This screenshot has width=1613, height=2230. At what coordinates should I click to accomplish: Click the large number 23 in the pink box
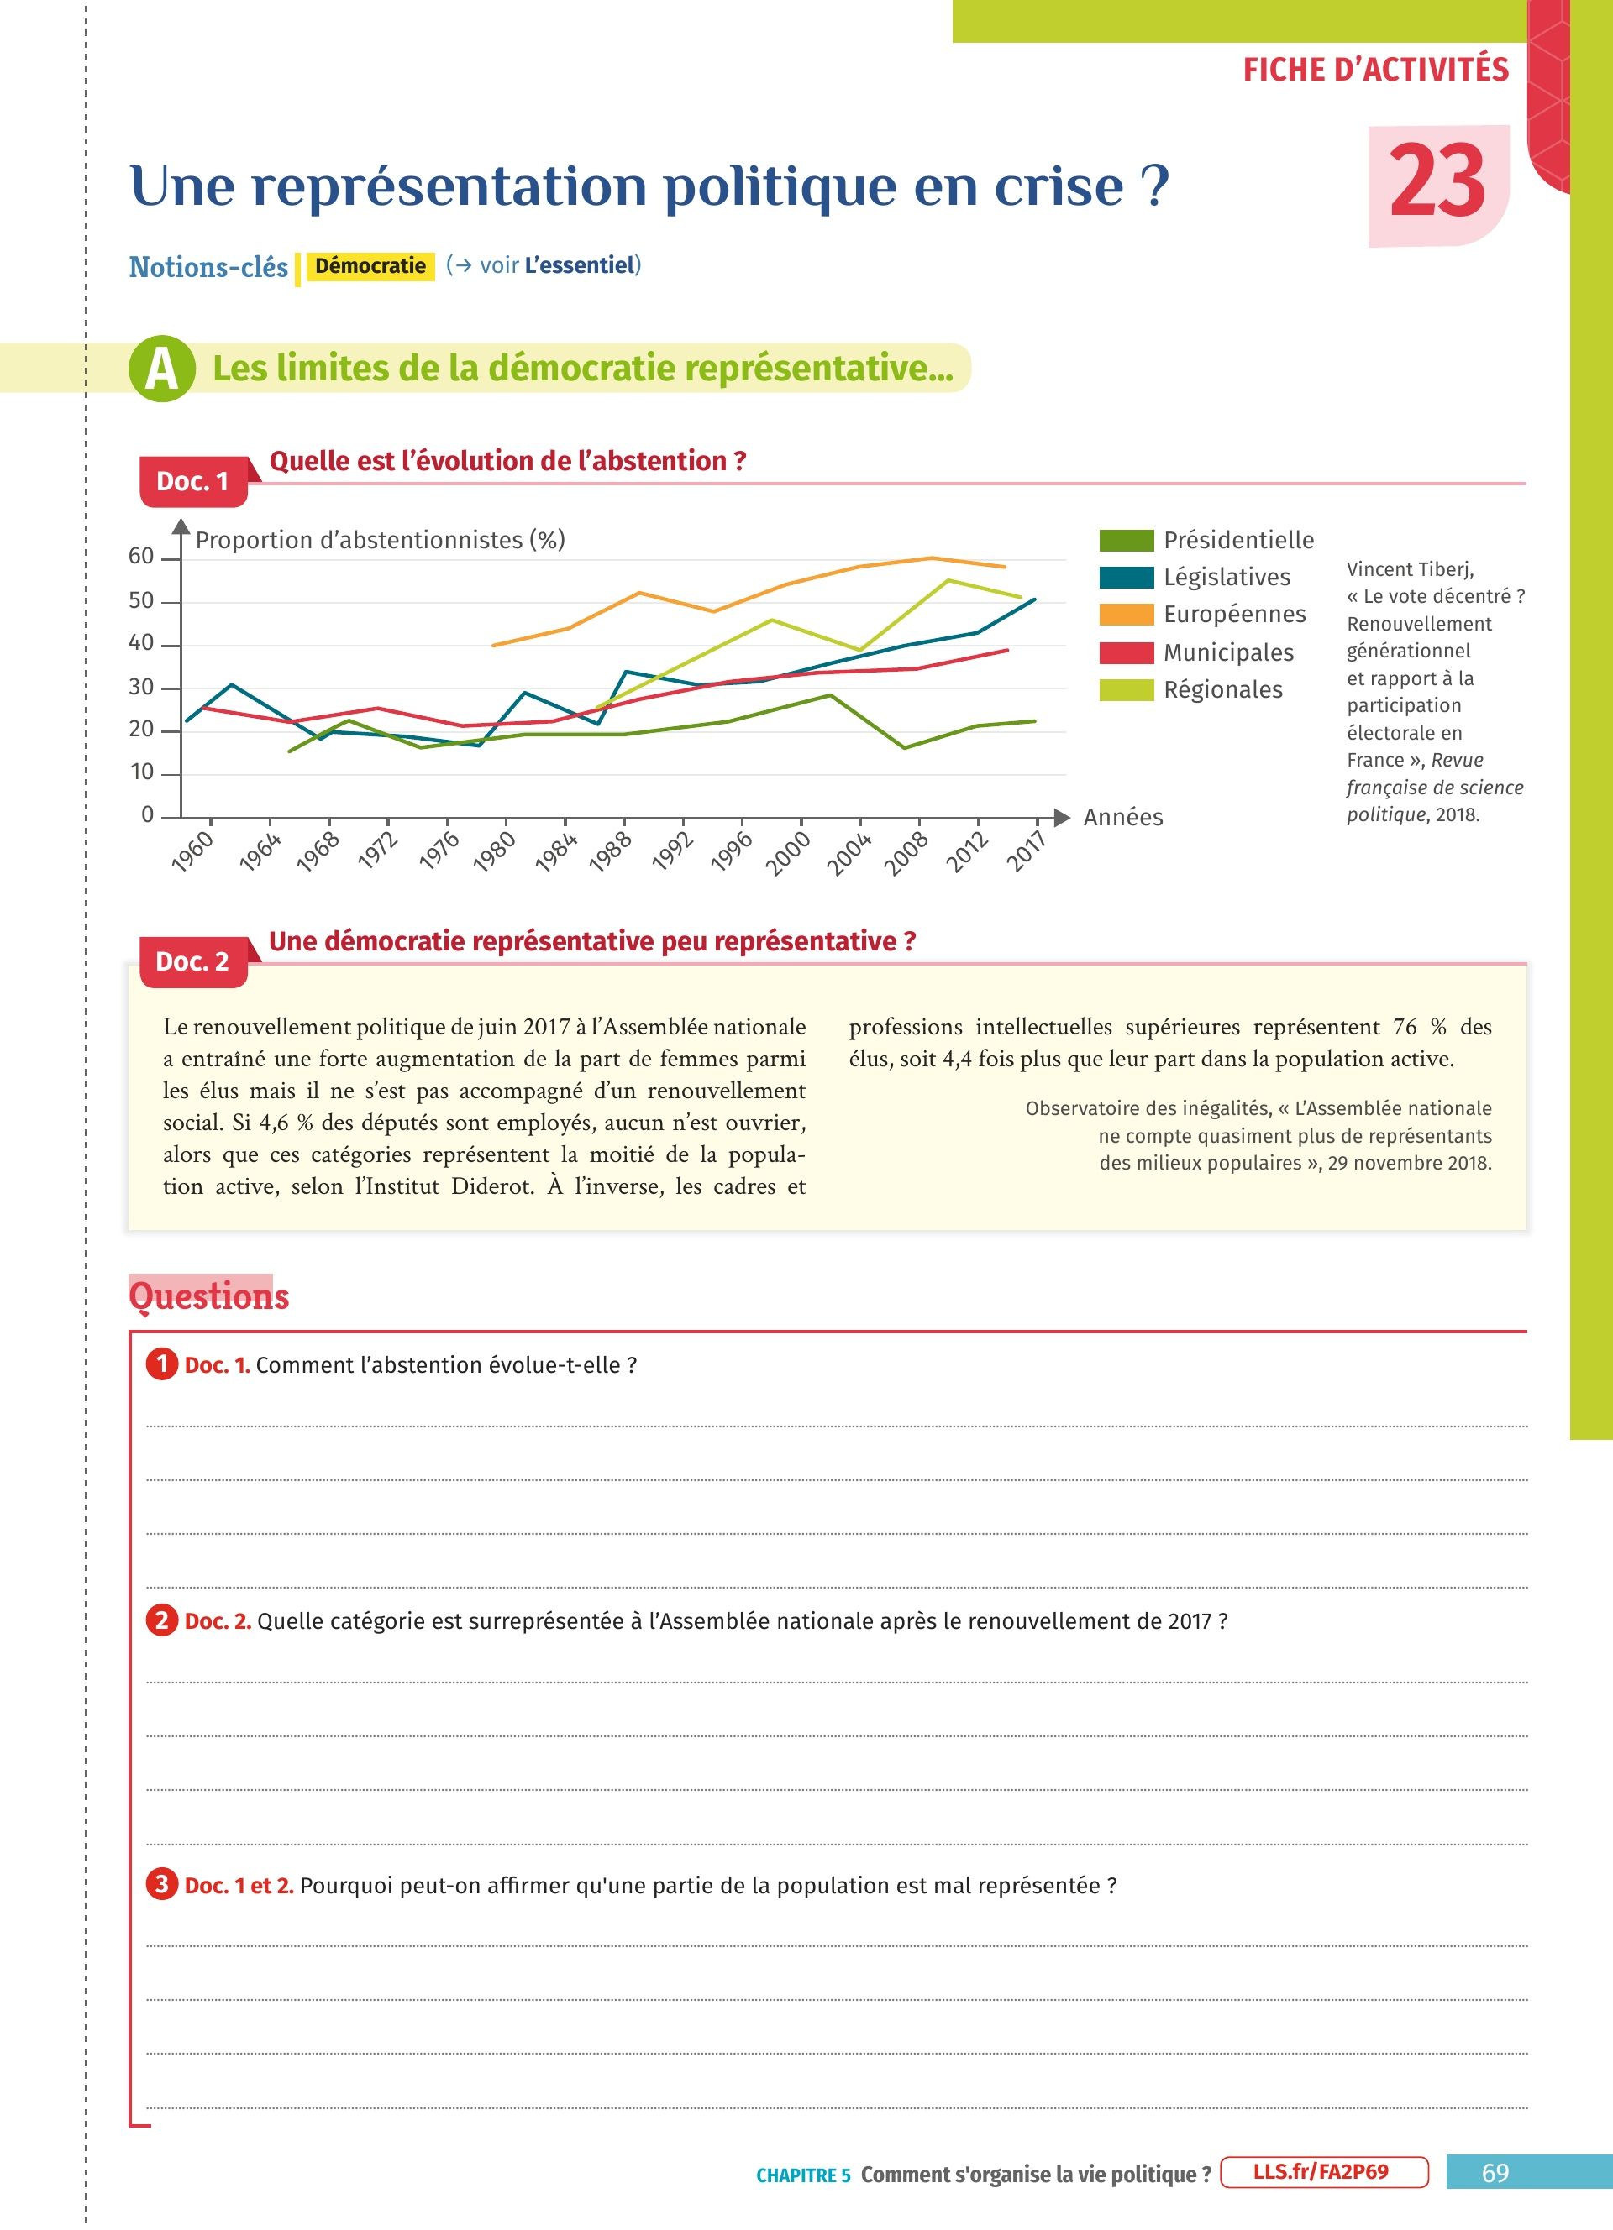click(x=1437, y=182)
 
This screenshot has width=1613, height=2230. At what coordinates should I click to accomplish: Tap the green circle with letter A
click(x=161, y=368)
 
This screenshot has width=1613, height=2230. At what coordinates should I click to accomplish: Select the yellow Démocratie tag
click(x=370, y=265)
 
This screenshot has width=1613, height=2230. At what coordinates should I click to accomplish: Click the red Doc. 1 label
click(x=192, y=481)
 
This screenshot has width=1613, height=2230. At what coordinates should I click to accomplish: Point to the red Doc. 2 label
click(x=192, y=961)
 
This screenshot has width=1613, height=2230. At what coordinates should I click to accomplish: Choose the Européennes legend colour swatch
click(x=1125, y=615)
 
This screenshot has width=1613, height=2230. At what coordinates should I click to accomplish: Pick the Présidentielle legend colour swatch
click(x=1125, y=540)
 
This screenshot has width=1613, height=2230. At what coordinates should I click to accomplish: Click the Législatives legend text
click(x=1227, y=577)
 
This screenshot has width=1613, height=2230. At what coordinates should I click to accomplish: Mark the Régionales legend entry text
click(x=1222, y=689)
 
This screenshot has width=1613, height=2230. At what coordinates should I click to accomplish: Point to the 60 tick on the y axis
click(x=142, y=557)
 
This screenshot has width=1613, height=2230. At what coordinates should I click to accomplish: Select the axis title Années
click(x=1122, y=817)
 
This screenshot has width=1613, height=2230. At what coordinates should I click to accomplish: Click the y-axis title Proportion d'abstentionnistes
click(x=380, y=540)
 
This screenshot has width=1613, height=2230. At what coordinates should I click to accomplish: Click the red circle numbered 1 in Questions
click(x=162, y=1364)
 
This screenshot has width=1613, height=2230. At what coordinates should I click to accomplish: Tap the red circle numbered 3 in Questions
click(x=162, y=1884)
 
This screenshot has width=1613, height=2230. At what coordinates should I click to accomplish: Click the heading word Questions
click(x=209, y=1295)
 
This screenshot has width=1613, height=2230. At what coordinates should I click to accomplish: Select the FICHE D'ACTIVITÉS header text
click(x=1375, y=70)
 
